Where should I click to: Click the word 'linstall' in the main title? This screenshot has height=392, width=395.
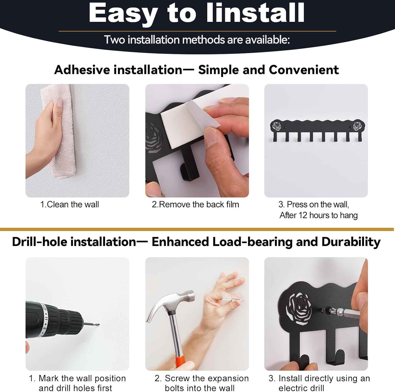(x=255, y=13)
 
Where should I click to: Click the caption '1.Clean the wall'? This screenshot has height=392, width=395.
(x=70, y=204)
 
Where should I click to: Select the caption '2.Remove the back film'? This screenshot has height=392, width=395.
(x=195, y=204)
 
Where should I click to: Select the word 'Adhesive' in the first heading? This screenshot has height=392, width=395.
(x=82, y=70)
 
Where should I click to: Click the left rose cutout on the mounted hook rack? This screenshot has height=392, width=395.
(x=277, y=126)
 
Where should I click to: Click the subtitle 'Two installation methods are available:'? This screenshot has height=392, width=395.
(x=197, y=40)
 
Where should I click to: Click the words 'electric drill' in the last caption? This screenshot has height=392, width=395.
(x=301, y=388)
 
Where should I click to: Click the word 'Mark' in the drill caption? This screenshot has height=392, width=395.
(x=49, y=378)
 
